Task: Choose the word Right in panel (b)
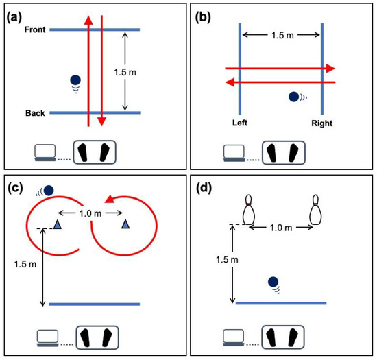tap(321, 124)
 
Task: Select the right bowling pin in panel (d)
tap(315, 209)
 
